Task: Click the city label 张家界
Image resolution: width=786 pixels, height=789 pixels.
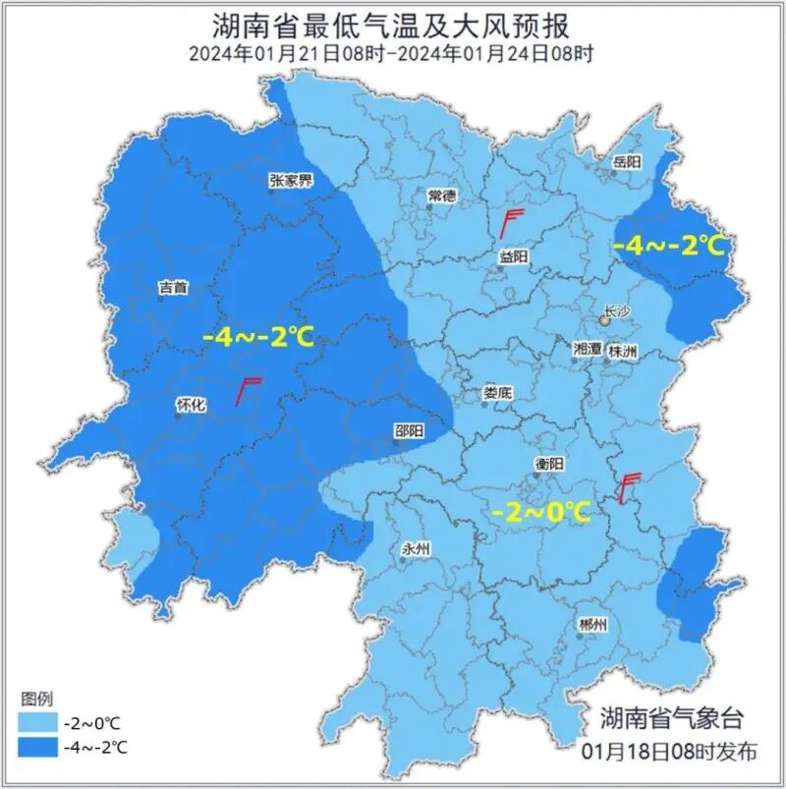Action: [x=292, y=181]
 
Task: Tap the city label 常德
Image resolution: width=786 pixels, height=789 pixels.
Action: [x=442, y=196]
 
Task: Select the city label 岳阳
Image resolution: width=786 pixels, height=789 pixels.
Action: [x=626, y=160]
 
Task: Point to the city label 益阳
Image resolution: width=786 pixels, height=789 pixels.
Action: [x=513, y=255]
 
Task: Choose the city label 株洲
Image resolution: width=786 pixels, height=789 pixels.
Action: [x=623, y=350]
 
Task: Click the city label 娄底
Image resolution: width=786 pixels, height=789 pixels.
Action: [x=497, y=392]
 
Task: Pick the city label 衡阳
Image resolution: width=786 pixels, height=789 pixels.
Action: [x=549, y=464]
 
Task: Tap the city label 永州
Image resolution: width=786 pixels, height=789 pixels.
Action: [x=417, y=550]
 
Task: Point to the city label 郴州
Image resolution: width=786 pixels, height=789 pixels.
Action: [x=593, y=625]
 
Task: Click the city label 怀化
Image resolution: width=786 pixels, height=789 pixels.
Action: [x=190, y=404]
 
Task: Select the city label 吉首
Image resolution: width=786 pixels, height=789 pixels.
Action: [x=173, y=288]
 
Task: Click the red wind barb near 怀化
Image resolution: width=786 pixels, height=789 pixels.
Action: [x=249, y=391]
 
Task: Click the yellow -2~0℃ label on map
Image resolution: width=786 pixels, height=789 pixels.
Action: [x=541, y=512]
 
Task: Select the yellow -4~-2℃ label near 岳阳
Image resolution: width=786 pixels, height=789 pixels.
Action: [x=669, y=246]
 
